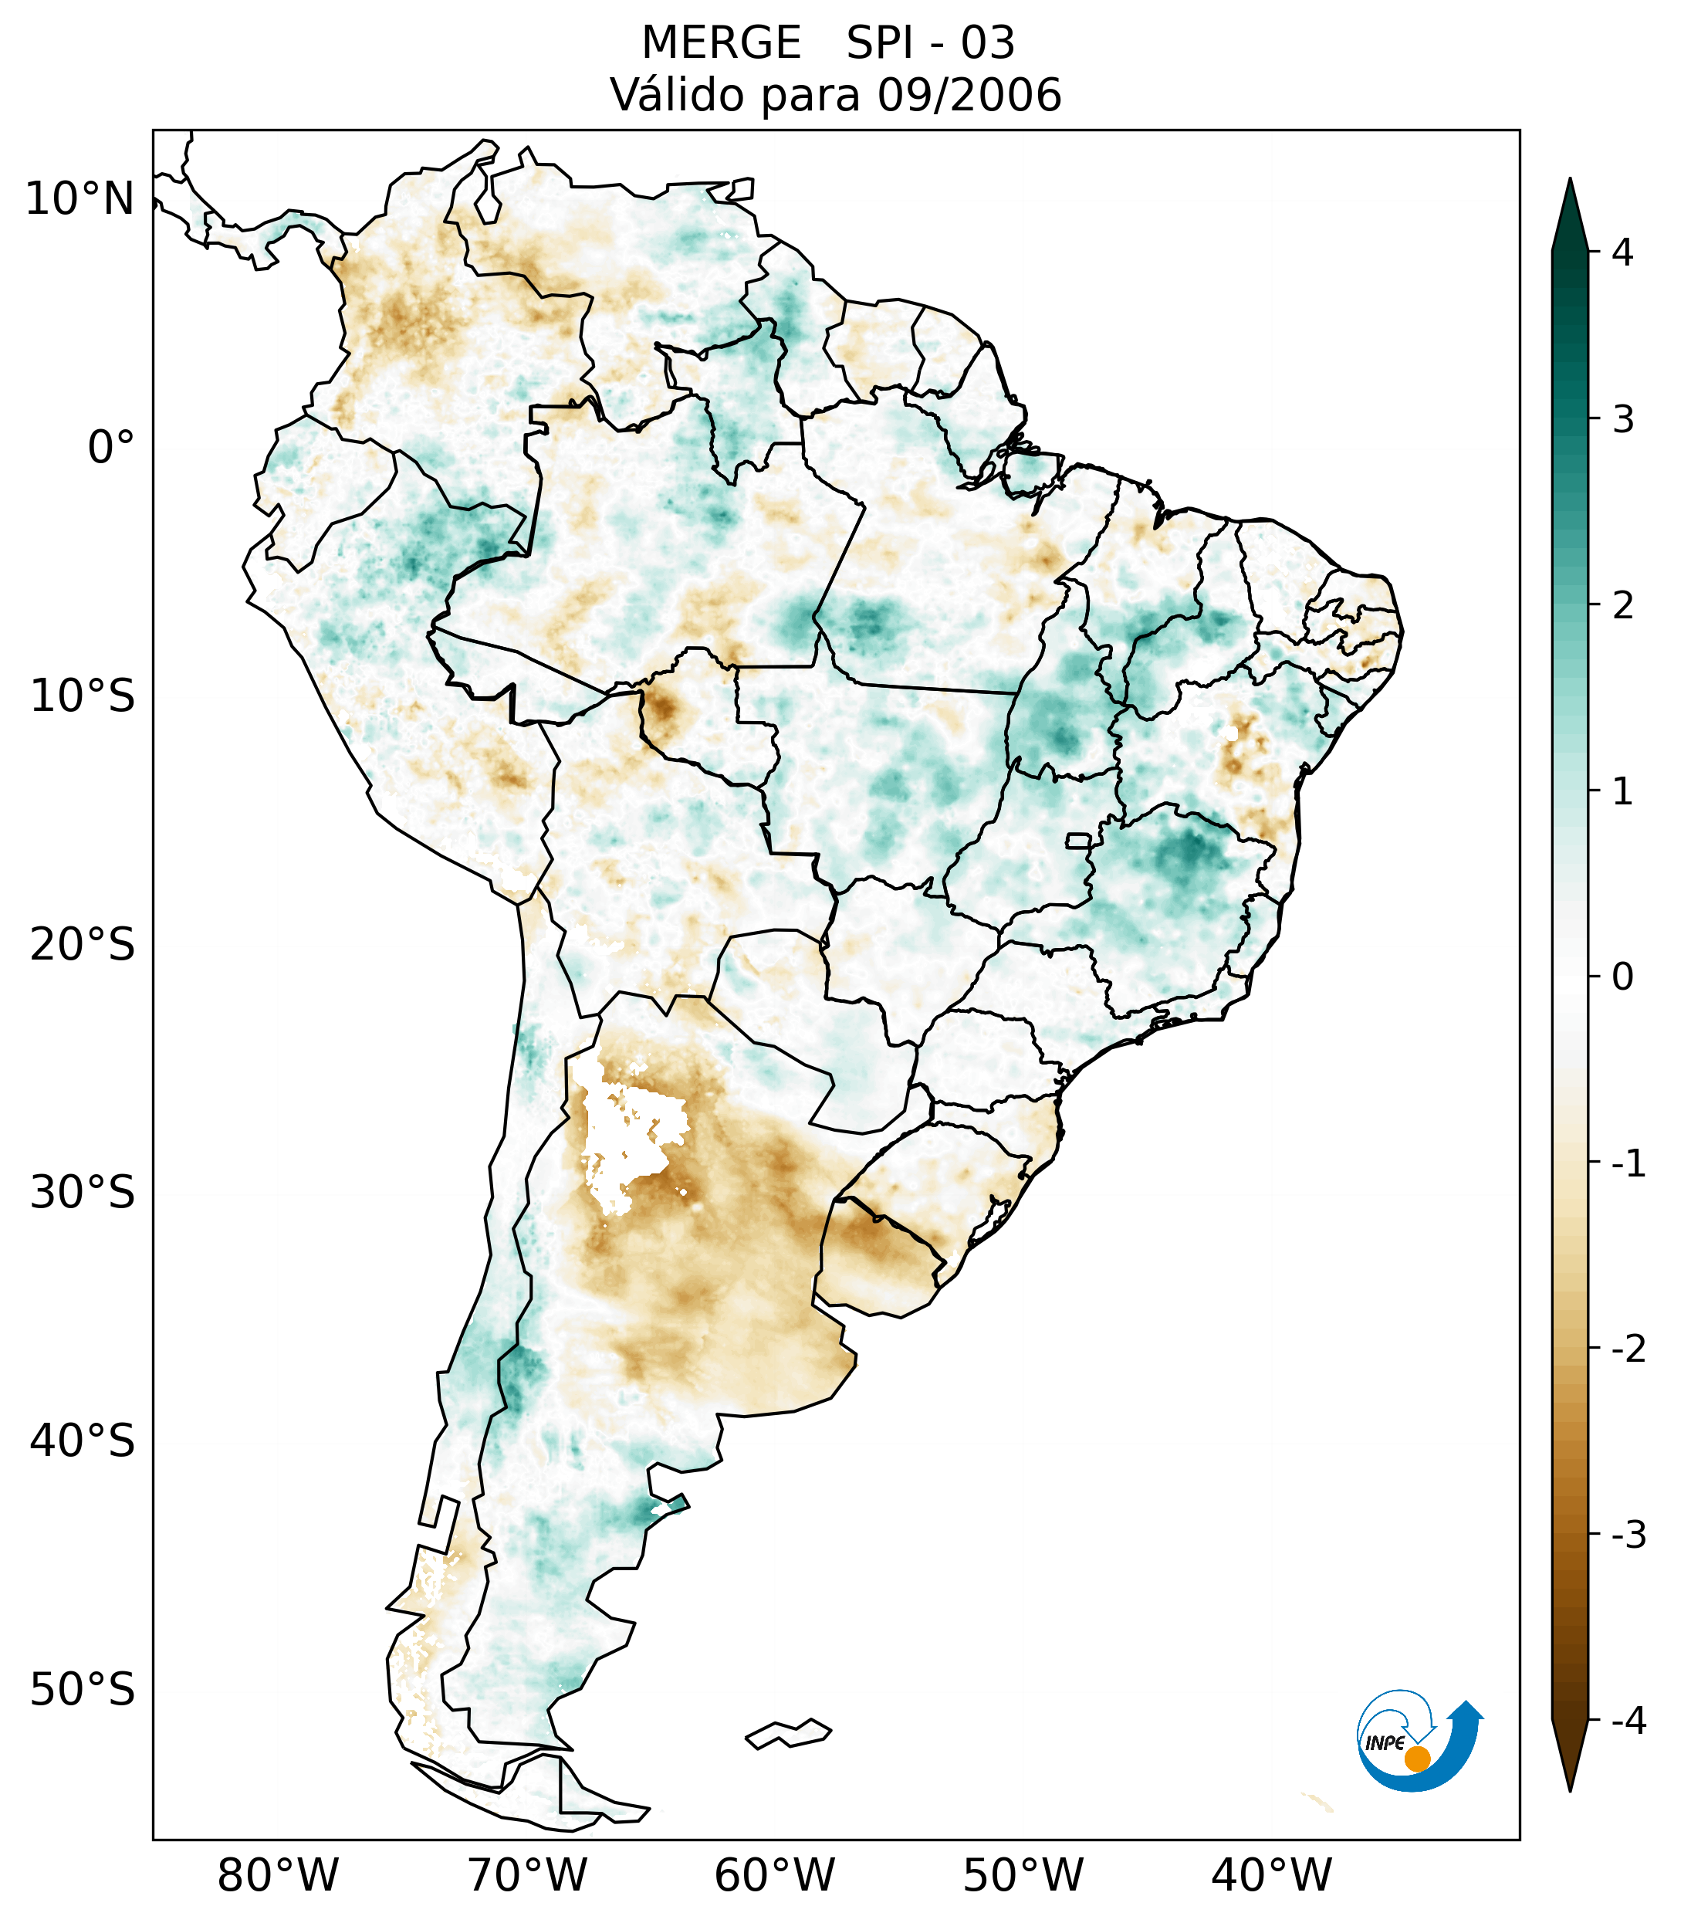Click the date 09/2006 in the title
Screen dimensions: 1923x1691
pos(969,95)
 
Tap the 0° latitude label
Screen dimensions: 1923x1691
pos(111,448)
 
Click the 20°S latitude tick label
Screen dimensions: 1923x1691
pos(83,945)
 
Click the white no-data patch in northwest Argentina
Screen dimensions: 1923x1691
pos(630,1134)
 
